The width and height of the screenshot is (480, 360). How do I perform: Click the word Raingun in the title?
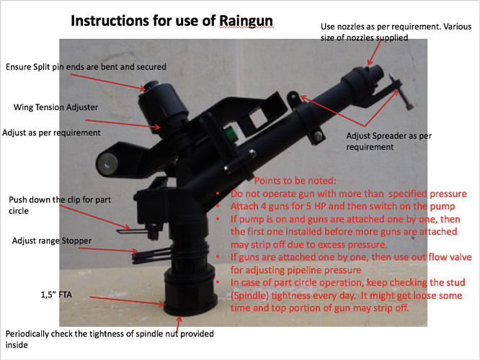tap(246, 21)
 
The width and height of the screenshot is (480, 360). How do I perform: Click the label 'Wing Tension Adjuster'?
tap(55, 107)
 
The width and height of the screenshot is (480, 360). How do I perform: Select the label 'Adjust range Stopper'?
tap(52, 241)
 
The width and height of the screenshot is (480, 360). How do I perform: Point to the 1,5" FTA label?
tap(56, 294)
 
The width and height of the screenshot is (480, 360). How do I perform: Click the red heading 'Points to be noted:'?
tap(295, 181)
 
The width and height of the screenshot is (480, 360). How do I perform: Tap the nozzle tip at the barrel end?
tap(376, 71)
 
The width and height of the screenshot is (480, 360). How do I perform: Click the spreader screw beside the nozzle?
tap(400, 91)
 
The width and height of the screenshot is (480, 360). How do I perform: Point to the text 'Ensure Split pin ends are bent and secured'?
tap(86, 67)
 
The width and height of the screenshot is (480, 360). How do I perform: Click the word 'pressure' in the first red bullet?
tap(448, 194)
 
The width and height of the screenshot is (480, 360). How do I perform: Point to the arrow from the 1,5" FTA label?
tap(127, 300)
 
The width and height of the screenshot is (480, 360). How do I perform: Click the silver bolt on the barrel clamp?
tap(319, 135)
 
